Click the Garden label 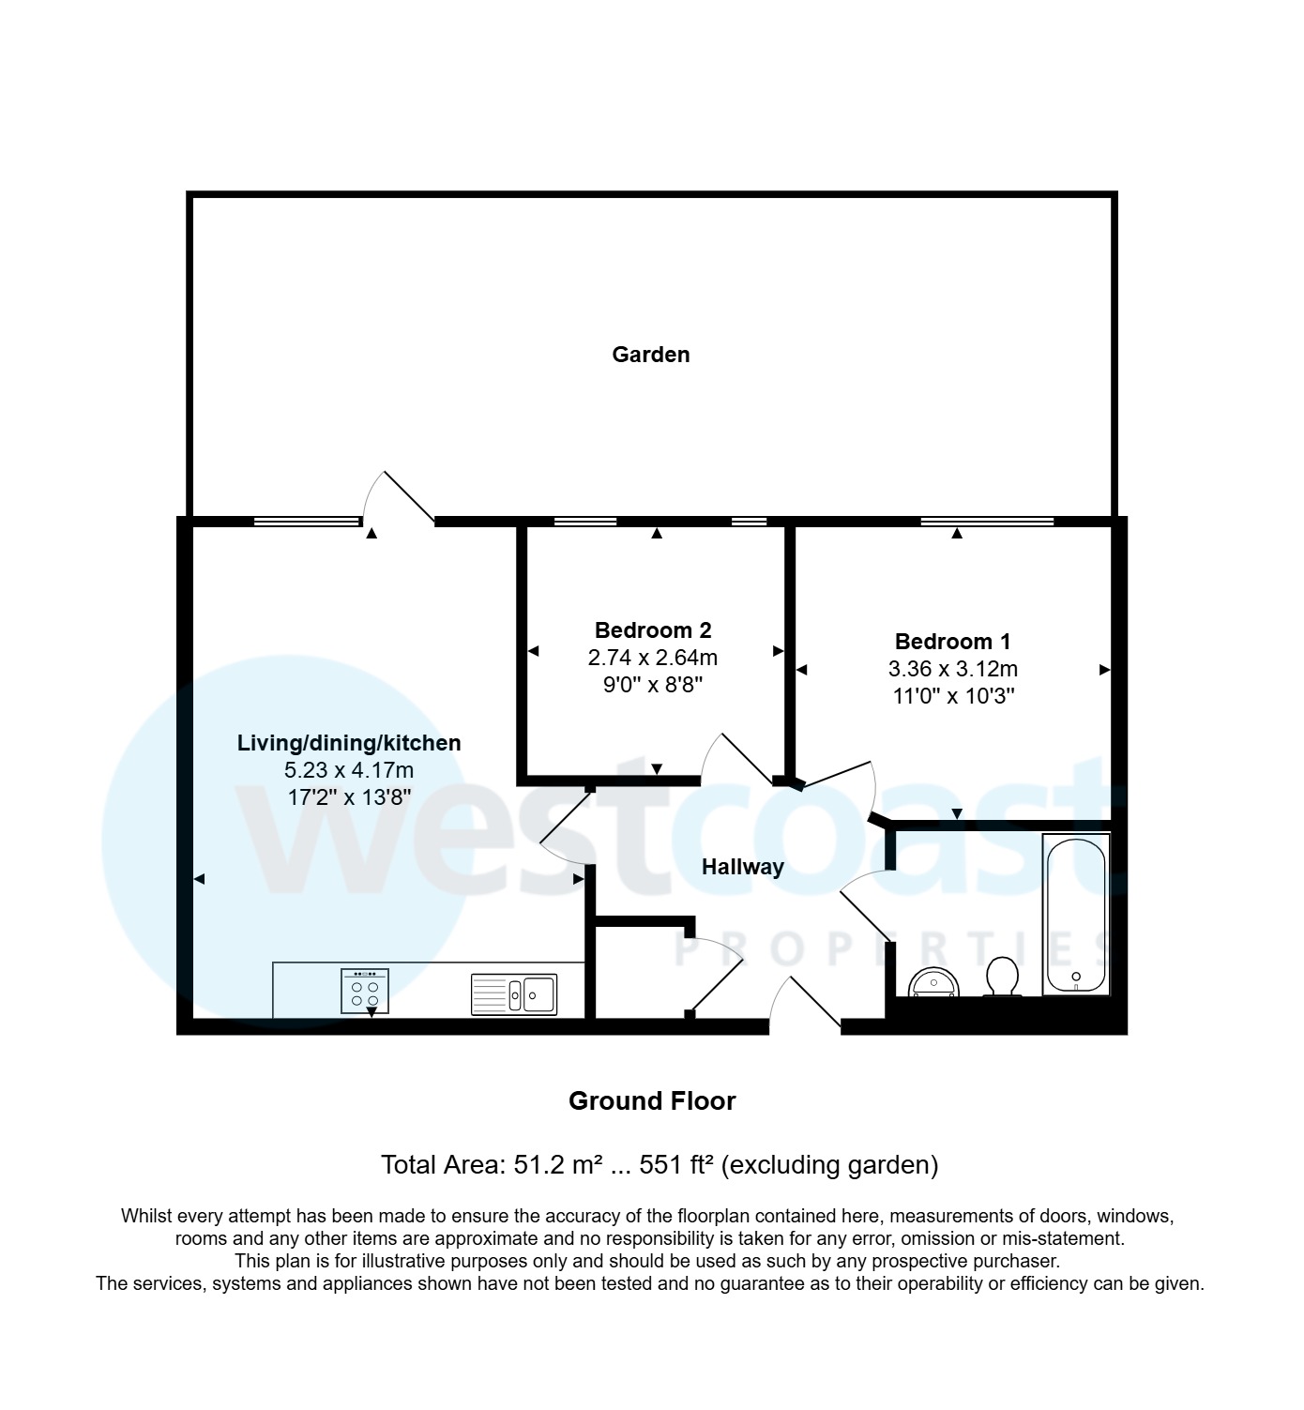(x=650, y=355)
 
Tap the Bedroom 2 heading (x=653, y=630)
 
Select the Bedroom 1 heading (x=952, y=642)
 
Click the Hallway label (x=742, y=867)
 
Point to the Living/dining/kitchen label (x=349, y=743)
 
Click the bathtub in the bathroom (x=1076, y=915)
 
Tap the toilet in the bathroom (x=1003, y=977)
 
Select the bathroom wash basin (x=934, y=982)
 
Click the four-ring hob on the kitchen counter (x=365, y=991)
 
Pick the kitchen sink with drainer (x=513, y=994)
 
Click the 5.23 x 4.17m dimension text (x=349, y=770)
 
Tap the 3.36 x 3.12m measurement (x=952, y=669)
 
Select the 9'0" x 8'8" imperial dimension (x=653, y=685)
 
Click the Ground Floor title (x=652, y=1100)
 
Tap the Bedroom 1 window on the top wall (x=987, y=522)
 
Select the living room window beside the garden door (x=307, y=522)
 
